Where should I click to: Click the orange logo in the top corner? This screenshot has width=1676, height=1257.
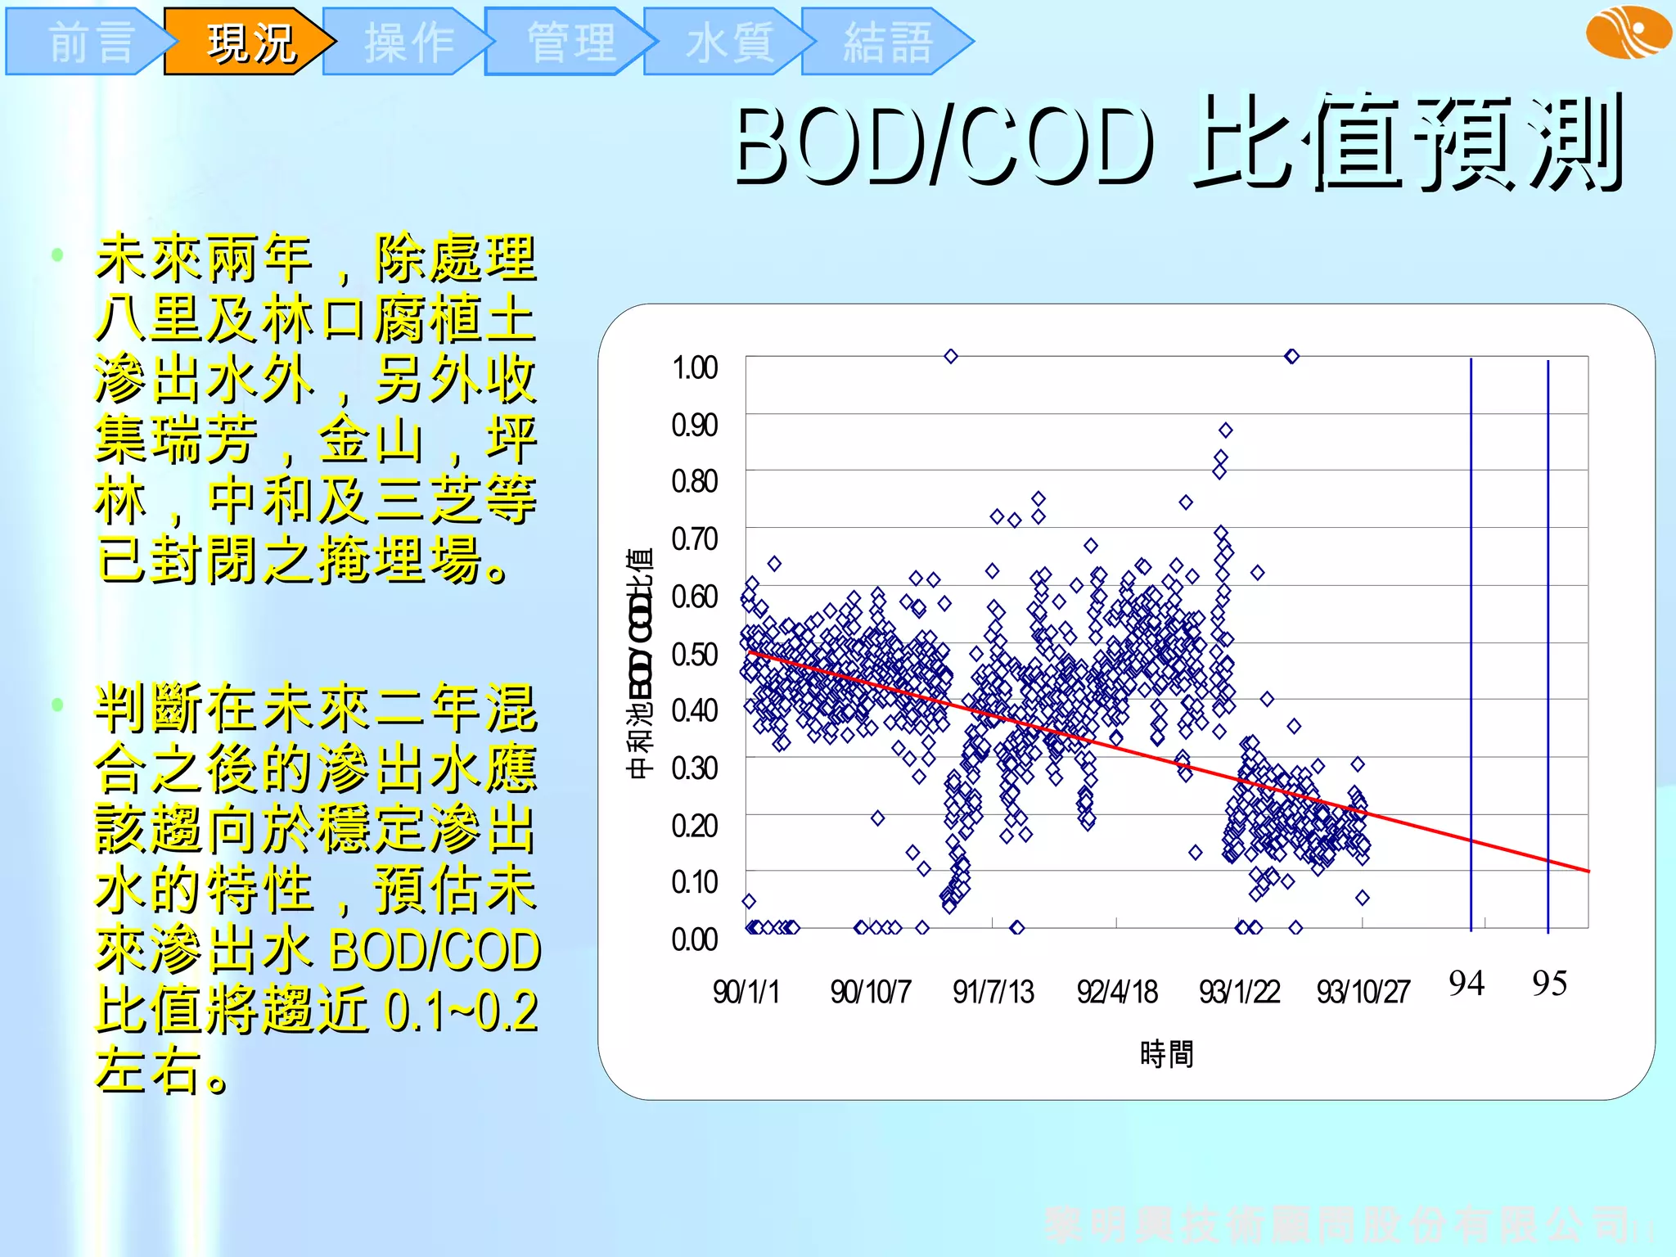coord(1628,32)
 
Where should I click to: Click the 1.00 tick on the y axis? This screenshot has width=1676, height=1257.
coord(694,367)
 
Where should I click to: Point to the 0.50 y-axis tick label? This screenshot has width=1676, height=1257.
coord(694,654)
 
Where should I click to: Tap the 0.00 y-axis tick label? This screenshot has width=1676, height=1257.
coord(694,939)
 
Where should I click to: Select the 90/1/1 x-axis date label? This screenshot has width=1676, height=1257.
coord(746,992)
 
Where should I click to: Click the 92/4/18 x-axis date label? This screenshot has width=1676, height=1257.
coord(1116,992)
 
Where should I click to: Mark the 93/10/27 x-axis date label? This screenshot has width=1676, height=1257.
coord(1363,992)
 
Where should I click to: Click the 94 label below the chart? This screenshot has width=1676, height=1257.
coord(1466,983)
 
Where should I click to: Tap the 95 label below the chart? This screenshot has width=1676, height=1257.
coord(1549,983)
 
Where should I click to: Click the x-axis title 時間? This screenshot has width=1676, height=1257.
coord(1166,1053)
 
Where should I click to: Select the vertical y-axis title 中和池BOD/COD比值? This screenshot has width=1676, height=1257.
coord(639,663)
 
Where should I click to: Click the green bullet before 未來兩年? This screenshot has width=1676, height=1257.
coord(57,255)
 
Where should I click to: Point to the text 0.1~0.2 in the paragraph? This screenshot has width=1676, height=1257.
coord(461,1010)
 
